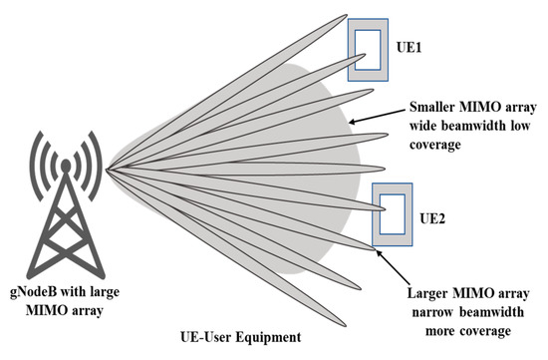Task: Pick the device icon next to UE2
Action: tap(393, 214)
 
